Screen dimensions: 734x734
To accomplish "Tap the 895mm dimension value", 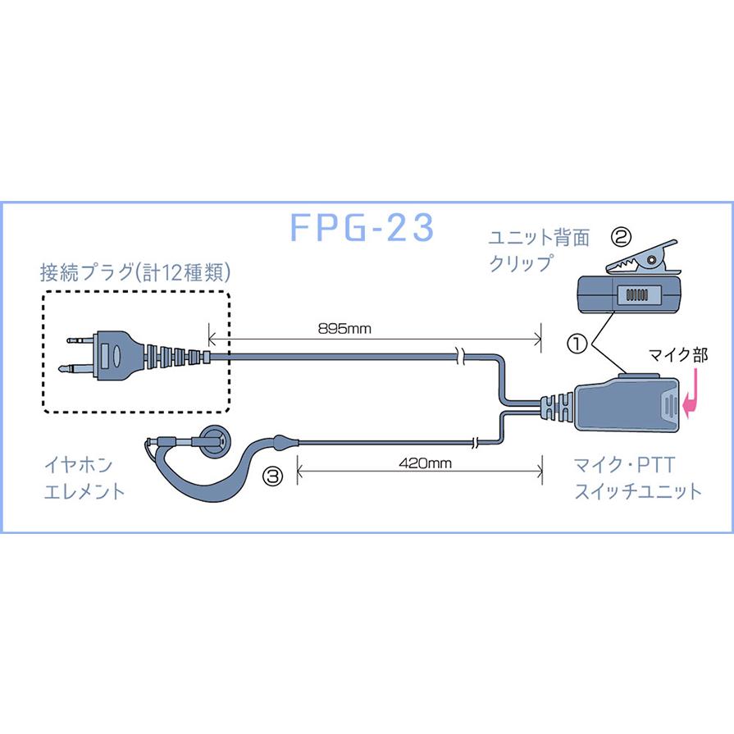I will point(344,329).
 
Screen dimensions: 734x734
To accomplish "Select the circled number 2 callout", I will point(621,238).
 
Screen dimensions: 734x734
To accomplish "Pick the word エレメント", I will point(84,492).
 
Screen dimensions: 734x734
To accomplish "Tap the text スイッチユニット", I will point(637,492).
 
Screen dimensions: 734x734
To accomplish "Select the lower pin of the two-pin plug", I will point(80,367).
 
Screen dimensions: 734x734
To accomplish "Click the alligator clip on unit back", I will point(641,257).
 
